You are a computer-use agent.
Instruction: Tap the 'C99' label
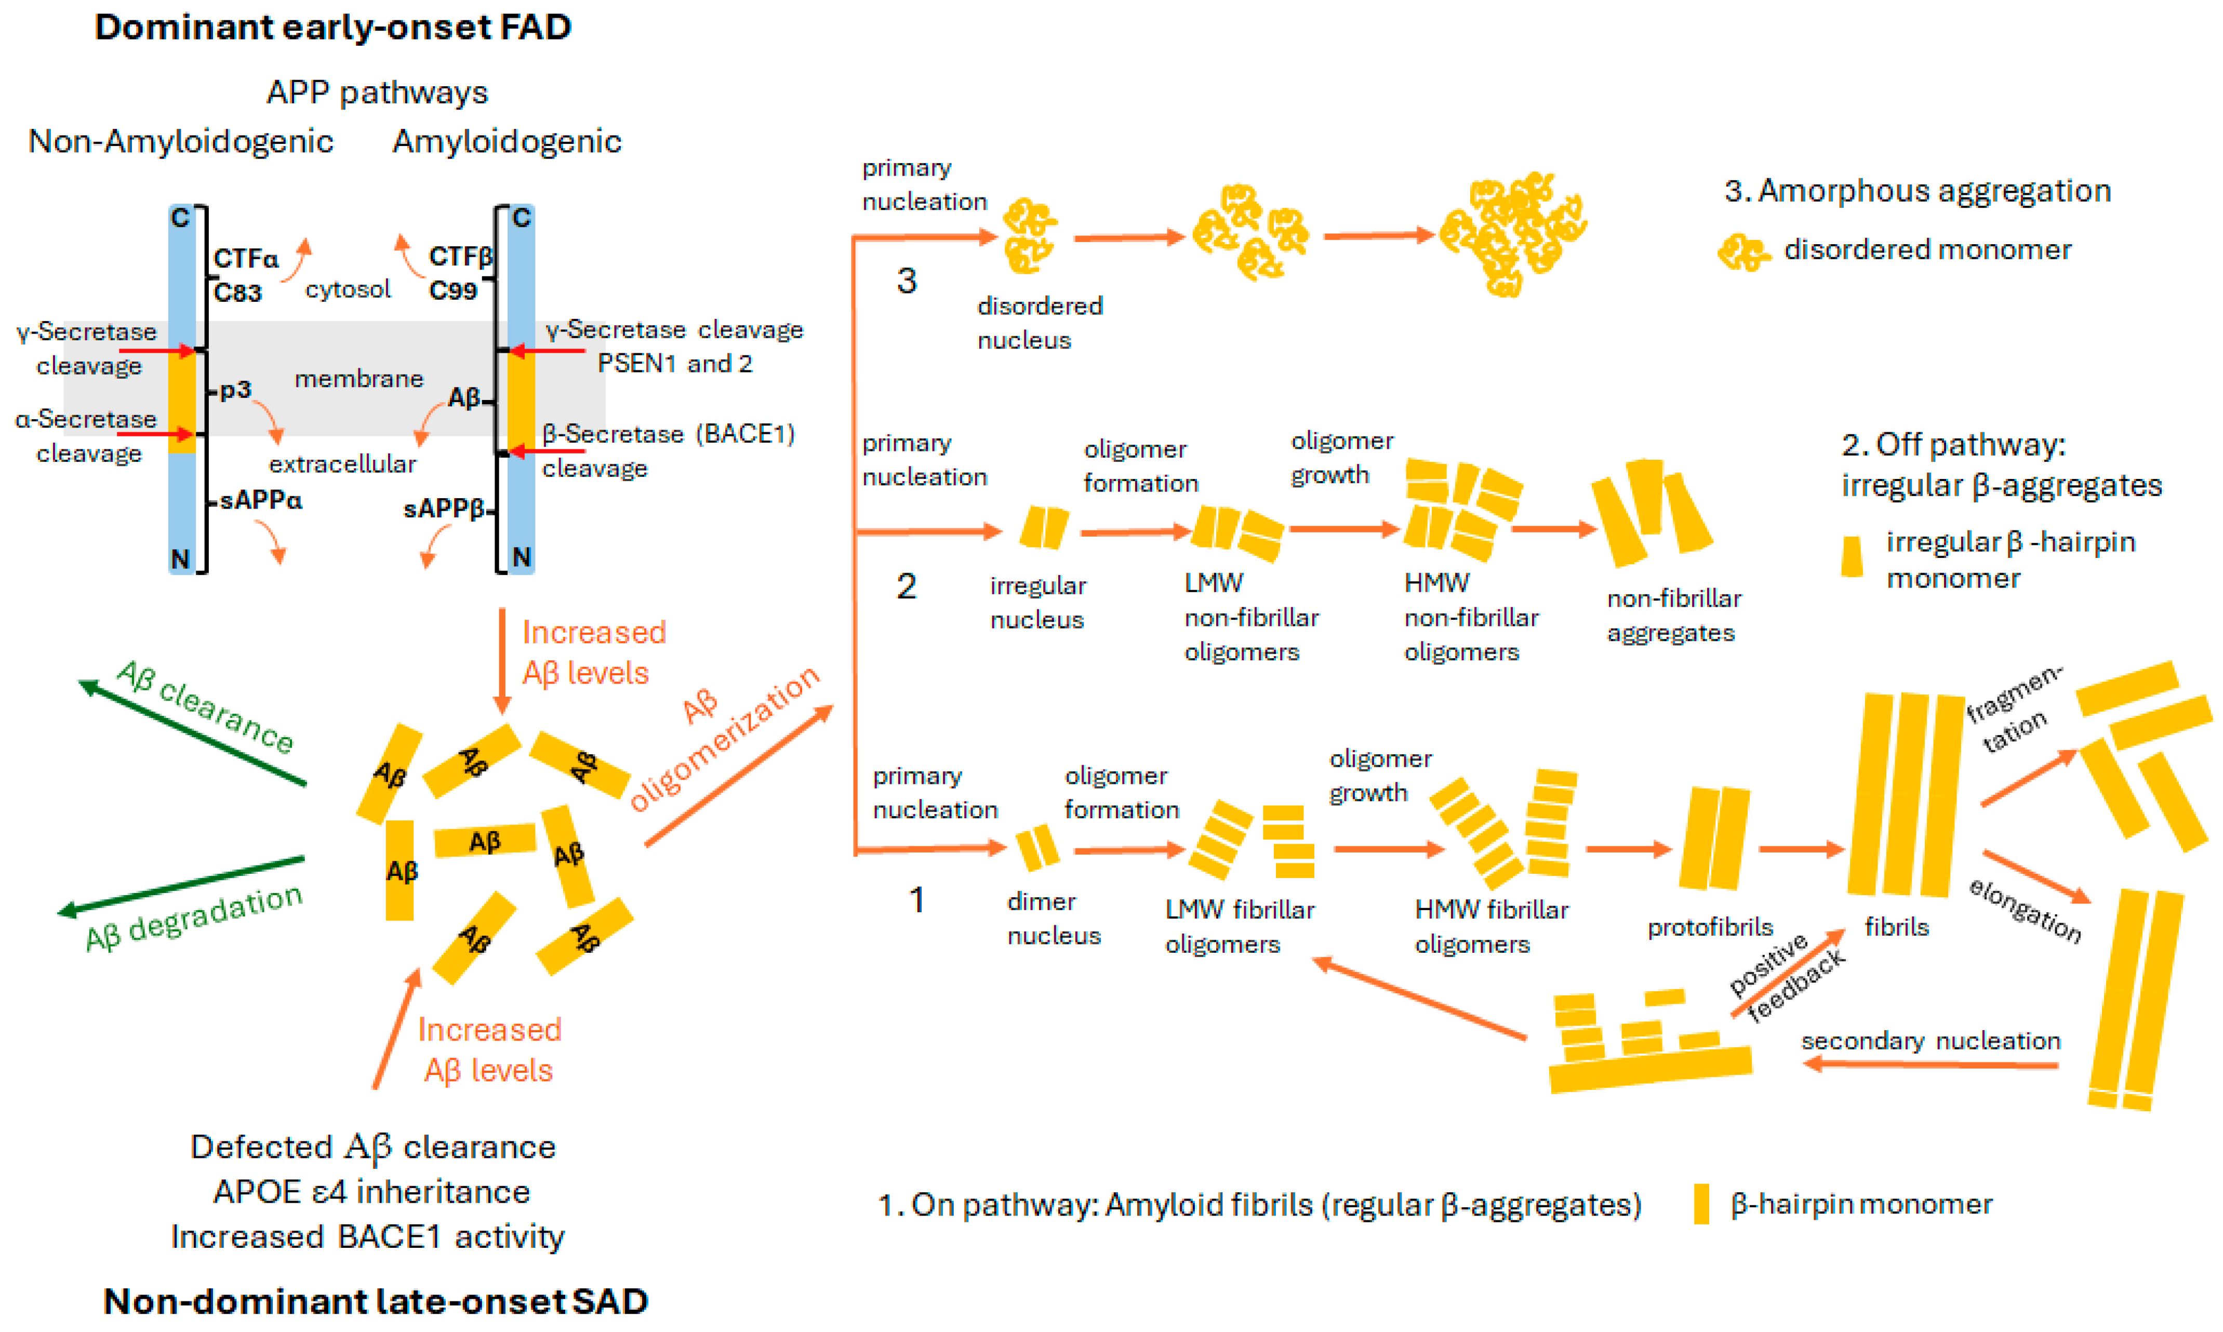tap(452, 291)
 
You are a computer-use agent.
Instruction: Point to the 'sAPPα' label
tap(260, 500)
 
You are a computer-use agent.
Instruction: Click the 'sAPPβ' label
tap(443, 509)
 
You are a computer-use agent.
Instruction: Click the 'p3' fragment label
tap(235, 390)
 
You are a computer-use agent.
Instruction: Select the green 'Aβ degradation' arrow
tap(179, 886)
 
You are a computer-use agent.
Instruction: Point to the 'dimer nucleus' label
tap(1053, 918)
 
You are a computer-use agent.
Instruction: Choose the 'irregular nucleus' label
tap(1037, 602)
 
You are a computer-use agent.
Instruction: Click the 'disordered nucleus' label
tap(1039, 323)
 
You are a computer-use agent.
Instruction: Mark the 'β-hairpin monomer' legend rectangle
tap(1701, 1204)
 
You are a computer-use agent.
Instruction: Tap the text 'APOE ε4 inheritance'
tap(371, 1191)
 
